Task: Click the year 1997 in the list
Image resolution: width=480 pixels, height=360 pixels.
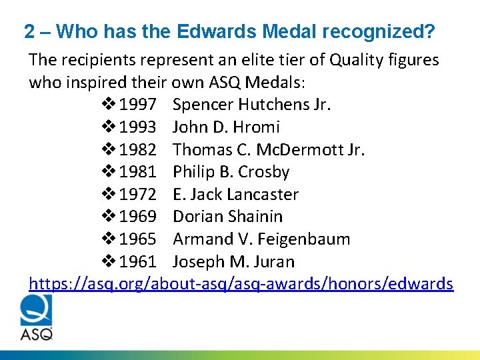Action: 137,105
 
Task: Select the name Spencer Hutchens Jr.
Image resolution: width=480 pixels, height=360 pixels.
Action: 251,105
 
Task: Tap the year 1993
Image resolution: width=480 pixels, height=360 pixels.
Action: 137,127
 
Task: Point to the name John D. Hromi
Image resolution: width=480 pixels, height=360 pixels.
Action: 226,127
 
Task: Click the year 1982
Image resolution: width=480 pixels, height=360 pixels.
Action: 137,149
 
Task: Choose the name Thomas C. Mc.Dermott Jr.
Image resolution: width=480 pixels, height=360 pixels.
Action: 269,149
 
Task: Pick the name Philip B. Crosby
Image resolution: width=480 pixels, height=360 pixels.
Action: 231,172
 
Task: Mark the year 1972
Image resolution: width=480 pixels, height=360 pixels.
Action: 137,195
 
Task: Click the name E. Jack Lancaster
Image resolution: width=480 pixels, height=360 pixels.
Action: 235,195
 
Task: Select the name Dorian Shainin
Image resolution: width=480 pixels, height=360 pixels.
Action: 227,217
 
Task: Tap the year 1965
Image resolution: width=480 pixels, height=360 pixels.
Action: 137,239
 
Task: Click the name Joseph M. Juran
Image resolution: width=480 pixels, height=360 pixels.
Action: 233,262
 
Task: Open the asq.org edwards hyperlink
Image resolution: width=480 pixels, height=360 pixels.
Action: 241,284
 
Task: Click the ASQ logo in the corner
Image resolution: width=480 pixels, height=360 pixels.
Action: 36,317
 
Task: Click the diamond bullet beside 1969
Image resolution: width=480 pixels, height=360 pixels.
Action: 110,217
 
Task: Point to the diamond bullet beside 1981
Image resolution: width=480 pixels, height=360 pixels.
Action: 110,172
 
